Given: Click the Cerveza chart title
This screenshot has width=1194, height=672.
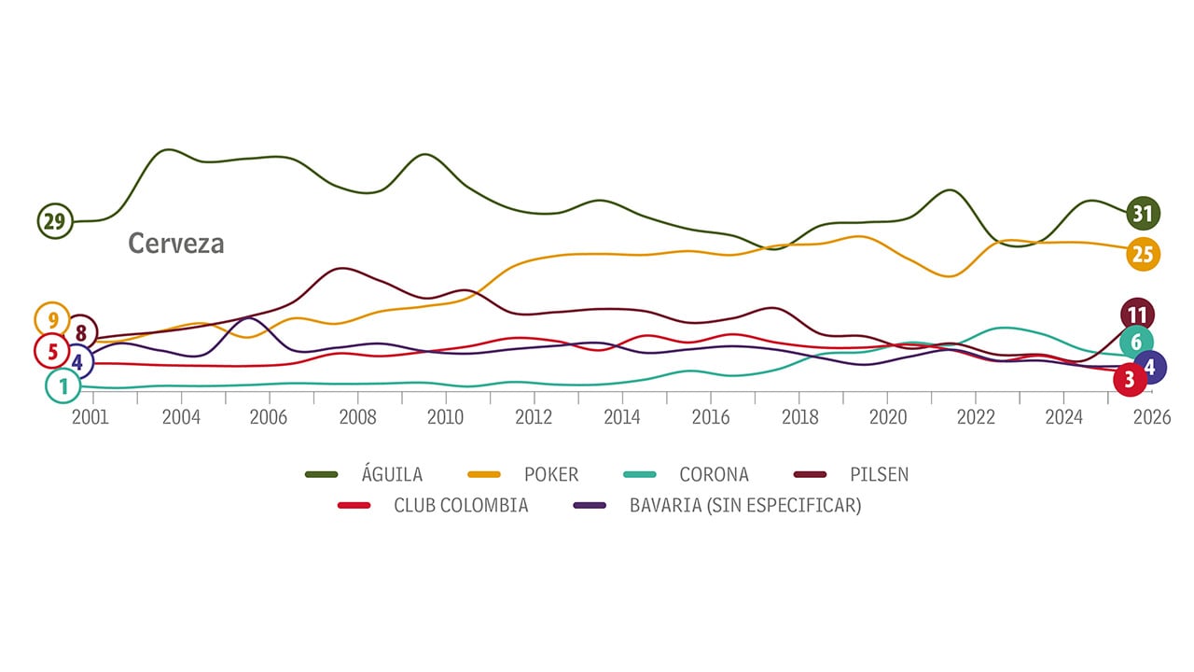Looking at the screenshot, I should pos(176,244).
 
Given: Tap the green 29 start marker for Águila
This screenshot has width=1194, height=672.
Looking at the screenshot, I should pos(55,222).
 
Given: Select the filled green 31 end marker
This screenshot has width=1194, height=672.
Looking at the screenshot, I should pos(1143,214).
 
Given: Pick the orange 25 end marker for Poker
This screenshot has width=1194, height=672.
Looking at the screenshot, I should pos(1143,253).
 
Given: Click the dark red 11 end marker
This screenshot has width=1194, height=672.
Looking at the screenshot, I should pos(1136,315).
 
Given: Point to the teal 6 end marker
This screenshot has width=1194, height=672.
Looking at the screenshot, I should pos(1136,343).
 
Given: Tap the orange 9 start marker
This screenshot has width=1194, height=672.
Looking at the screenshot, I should pos(52,320).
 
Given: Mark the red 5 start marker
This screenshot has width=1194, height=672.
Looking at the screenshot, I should pos(52,352).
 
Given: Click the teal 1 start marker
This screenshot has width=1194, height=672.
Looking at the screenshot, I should pos(62,385).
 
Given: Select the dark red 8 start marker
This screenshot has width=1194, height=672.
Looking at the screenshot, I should pos(80,332).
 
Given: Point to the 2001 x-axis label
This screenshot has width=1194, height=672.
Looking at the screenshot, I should pos(90,417).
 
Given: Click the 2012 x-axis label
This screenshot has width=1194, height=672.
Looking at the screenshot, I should pos(534,417).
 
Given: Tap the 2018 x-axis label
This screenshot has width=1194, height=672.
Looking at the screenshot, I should pos(799,417).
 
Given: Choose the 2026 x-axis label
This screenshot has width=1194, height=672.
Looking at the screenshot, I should pos(1152,417).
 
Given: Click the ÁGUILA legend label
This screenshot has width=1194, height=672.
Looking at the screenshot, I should pos(392,475).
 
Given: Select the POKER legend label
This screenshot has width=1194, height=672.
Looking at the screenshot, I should pos(551,475).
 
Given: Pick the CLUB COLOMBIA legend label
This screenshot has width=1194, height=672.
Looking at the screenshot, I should pos(461,506).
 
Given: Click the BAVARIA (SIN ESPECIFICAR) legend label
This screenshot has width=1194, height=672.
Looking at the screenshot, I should pos(745,506).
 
